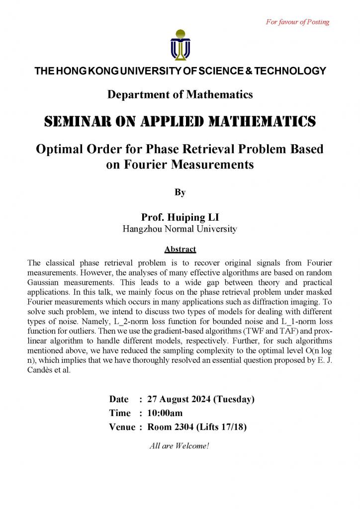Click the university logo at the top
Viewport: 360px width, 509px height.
180,44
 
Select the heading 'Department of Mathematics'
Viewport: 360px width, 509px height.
180,94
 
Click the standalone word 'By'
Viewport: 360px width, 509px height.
180,192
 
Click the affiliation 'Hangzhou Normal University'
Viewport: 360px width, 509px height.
180,229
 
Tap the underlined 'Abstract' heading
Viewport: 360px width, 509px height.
180,249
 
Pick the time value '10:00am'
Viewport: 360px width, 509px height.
165,413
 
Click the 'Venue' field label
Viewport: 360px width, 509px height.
122,426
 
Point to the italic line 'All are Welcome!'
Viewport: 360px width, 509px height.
180,445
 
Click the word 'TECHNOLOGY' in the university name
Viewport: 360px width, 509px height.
290,71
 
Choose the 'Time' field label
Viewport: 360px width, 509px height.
120,413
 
